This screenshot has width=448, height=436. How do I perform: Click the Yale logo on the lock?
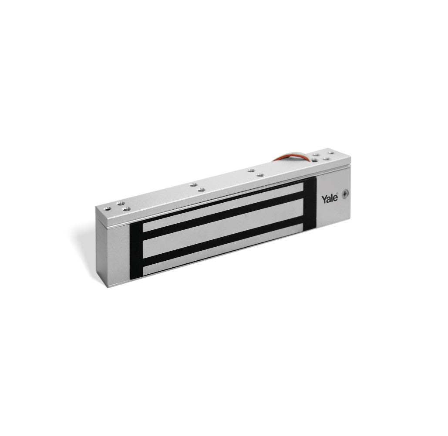point(330,199)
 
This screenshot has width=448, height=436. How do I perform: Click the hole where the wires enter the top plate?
point(314,160)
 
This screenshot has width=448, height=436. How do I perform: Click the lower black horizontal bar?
point(222,241)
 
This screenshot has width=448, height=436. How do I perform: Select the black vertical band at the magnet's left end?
point(136,251)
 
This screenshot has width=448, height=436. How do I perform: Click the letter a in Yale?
point(329,200)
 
